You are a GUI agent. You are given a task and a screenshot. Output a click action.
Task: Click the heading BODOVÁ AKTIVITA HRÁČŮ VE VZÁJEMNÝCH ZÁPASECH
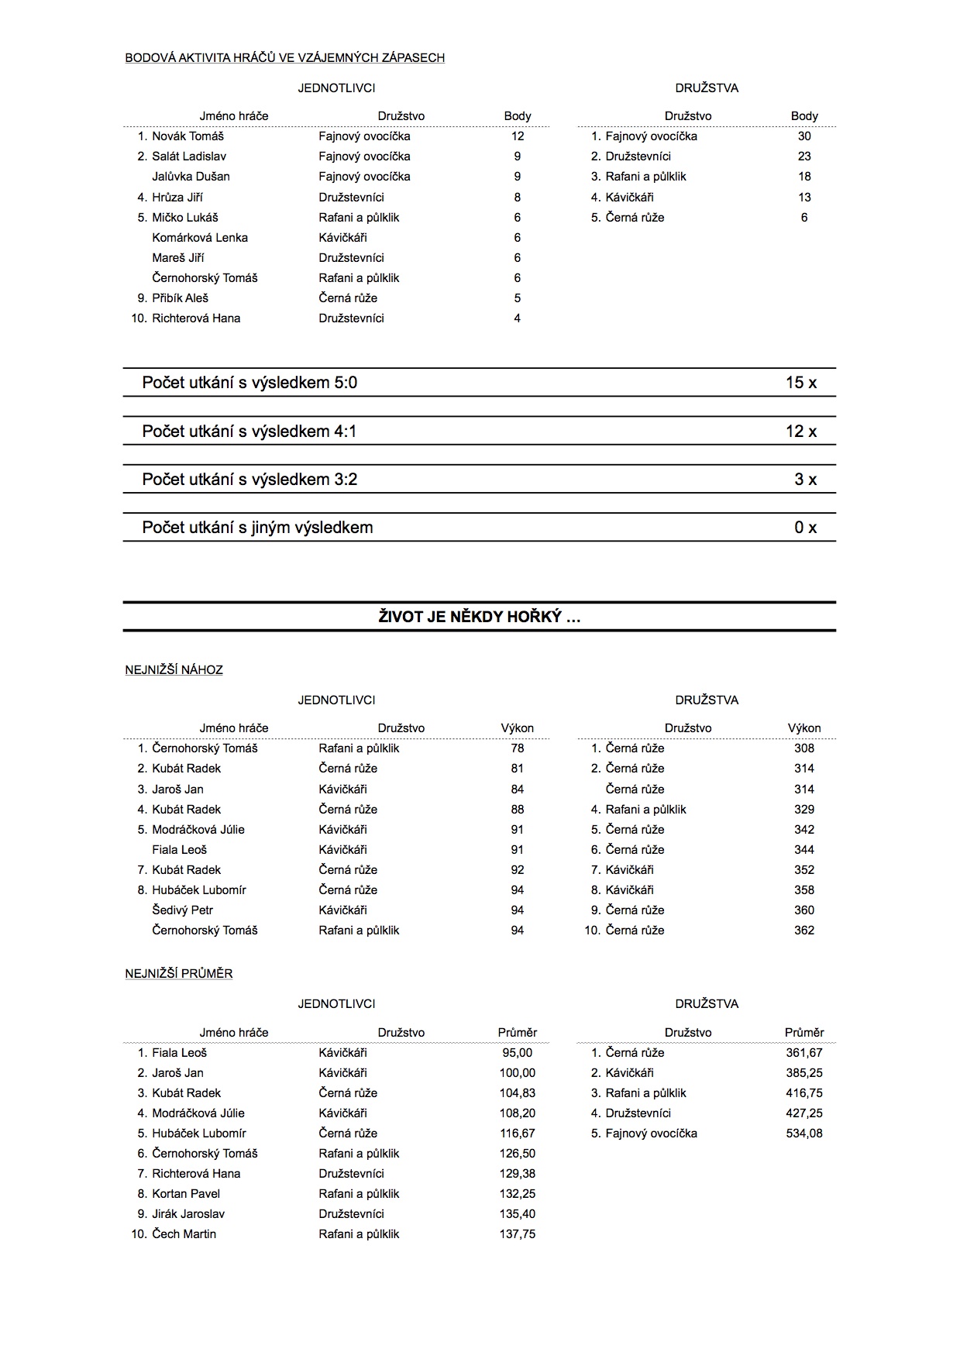284,57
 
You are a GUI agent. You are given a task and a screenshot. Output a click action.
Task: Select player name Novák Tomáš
188,136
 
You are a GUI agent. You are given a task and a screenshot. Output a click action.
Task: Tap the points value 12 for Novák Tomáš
518,136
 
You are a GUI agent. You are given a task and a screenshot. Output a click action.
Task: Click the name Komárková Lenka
200,238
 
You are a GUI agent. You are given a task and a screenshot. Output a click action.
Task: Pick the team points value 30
804,136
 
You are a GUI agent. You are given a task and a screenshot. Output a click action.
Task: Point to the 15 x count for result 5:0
800,383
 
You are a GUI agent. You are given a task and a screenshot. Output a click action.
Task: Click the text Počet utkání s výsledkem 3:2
249,480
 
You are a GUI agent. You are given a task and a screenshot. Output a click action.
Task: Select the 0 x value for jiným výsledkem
805,528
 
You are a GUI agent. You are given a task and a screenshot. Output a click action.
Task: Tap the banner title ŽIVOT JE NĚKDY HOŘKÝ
480,618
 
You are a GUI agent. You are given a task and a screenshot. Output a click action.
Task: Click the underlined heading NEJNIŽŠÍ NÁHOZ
174,670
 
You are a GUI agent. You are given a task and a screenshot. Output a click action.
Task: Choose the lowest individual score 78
518,748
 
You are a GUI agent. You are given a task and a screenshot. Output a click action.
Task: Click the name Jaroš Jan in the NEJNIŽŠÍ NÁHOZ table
177,790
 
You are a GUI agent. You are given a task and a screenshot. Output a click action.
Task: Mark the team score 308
804,748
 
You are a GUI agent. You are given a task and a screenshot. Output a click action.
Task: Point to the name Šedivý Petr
182,910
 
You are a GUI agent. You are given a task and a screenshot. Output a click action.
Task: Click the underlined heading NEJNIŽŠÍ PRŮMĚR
178,974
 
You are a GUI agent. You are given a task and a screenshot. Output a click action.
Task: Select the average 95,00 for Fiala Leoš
518,1053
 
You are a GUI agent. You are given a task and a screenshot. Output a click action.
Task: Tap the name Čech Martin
184,1234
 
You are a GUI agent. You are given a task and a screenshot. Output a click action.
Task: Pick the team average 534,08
804,1134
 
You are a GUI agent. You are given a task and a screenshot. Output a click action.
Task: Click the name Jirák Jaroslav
188,1214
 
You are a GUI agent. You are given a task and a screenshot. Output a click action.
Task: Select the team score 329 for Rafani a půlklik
804,810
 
